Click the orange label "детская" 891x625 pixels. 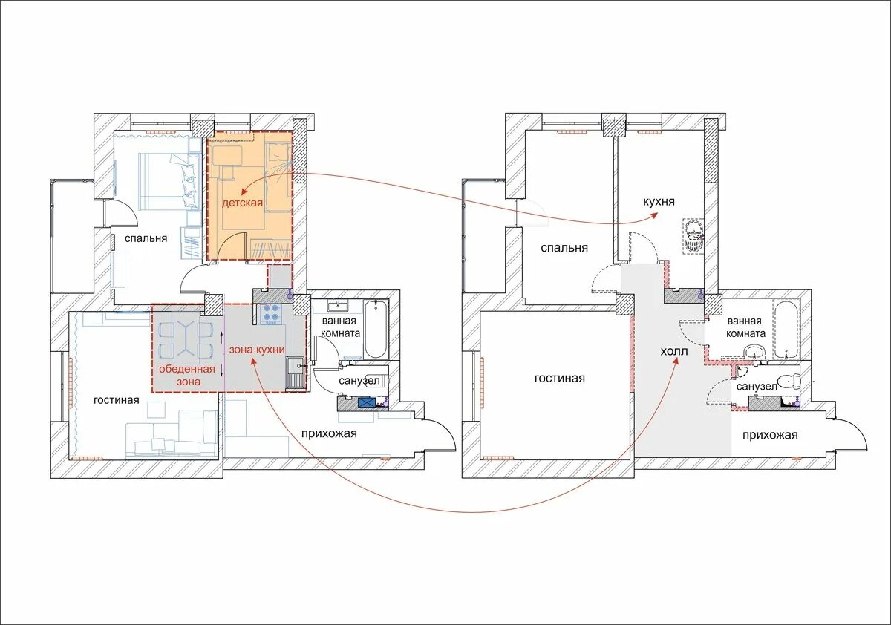242,203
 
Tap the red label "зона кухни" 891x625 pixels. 257,350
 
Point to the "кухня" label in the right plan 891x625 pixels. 659,202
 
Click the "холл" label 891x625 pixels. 674,351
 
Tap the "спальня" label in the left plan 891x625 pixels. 146,238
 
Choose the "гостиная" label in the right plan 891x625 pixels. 560,378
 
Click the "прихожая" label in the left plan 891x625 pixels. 329,433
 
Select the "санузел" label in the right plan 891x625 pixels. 757,387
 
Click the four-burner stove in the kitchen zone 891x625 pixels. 270,313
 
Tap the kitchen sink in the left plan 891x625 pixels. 296,372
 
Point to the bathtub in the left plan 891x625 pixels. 376,330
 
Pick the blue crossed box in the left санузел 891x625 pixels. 366,402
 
